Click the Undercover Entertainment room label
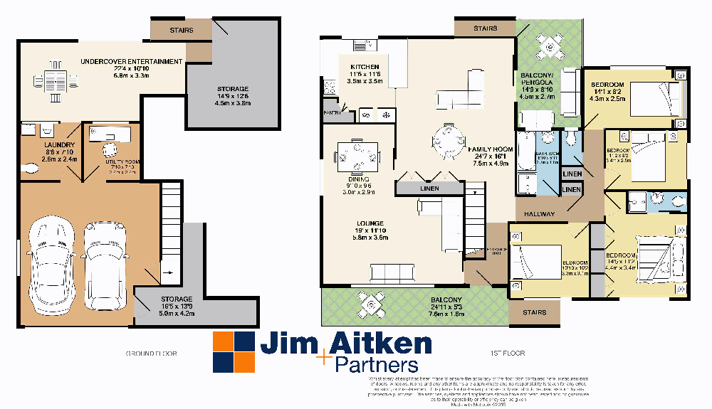tap(131, 62)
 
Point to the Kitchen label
tap(365, 66)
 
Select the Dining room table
tap(360, 156)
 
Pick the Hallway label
tap(540, 213)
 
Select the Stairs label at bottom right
tap(534, 312)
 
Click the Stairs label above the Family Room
tap(485, 28)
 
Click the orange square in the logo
tap(224, 341)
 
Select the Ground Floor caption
tap(151, 353)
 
